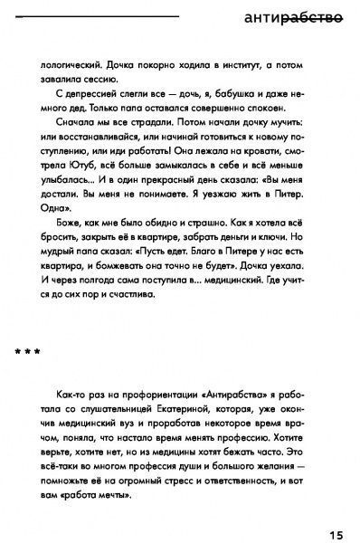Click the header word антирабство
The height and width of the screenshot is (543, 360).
click(293, 17)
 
